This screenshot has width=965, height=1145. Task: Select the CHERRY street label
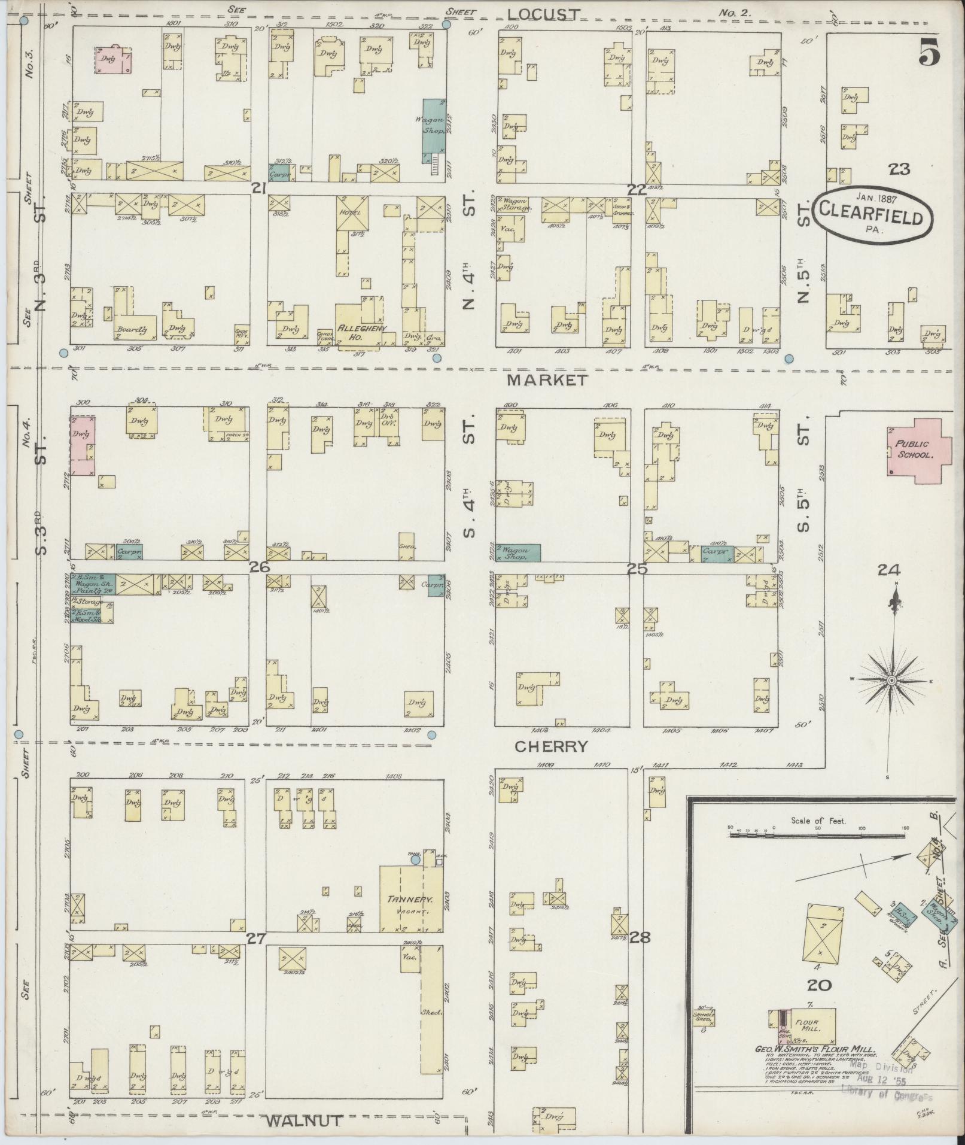(552, 746)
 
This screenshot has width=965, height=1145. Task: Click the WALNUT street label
(305, 1120)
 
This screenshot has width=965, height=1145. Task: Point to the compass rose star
(891, 681)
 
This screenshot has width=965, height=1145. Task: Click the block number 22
(637, 190)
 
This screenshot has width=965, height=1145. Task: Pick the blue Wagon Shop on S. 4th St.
(518, 552)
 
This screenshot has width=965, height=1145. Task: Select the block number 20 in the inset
(819, 985)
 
